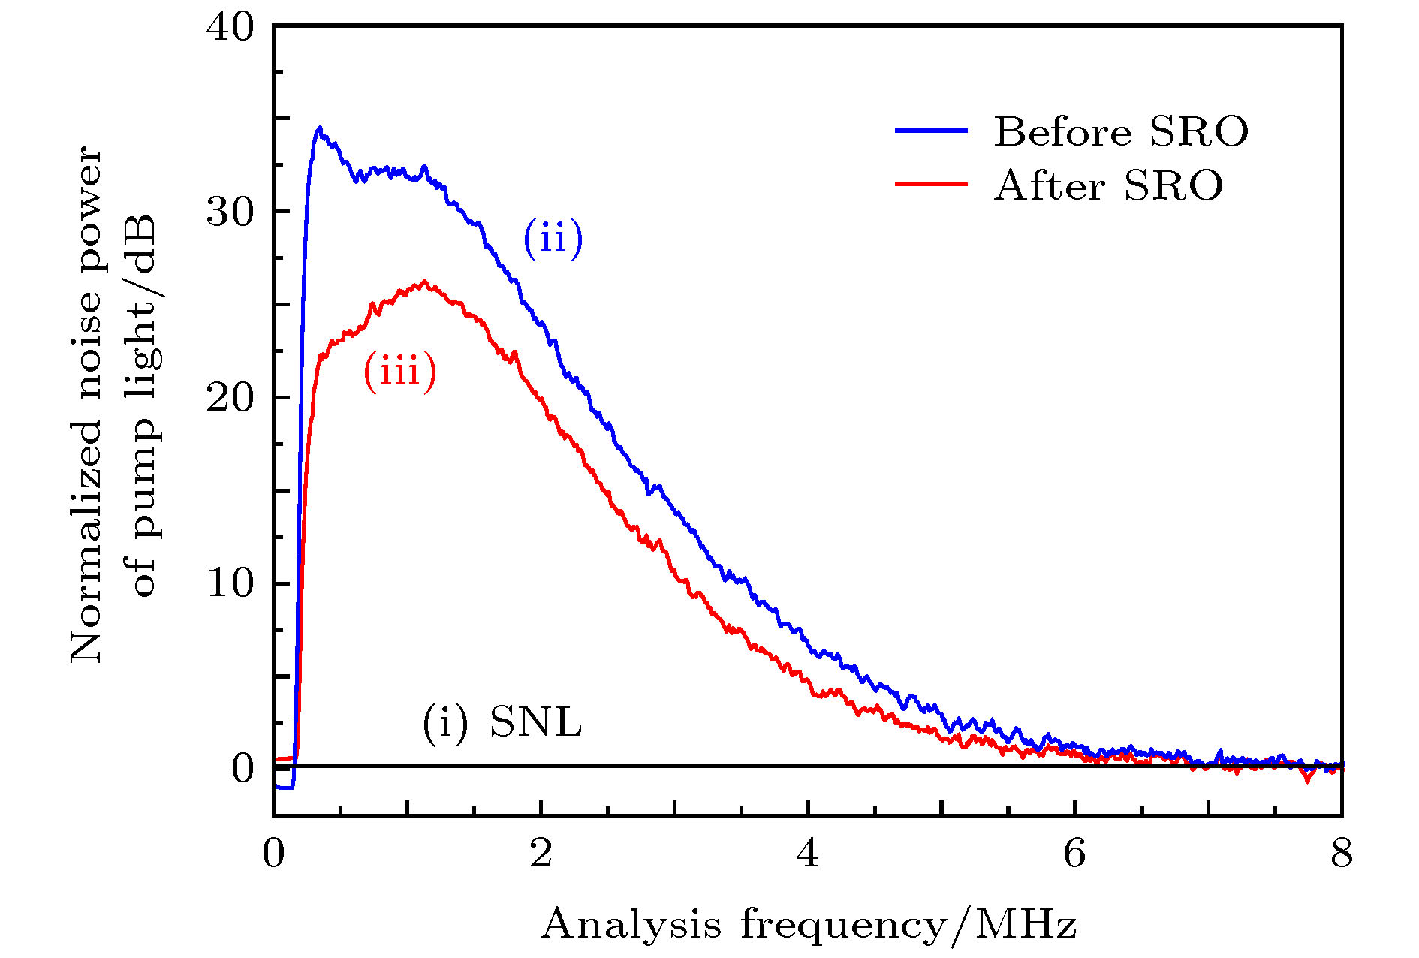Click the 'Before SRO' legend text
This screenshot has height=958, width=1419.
pyautogui.click(x=1120, y=132)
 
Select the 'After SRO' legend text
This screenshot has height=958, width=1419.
pyautogui.click(x=1108, y=185)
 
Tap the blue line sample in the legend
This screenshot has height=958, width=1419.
pyautogui.click(x=930, y=131)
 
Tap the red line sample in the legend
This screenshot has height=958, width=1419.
pyautogui.click(x=930, y=184)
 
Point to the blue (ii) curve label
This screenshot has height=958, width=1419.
pyautogui.click(x=553, y=239)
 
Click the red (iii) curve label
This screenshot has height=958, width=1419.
pyautogui.click(x=399, y=372)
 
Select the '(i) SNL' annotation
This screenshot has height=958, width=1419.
pyautogui.click(x=502, y=723)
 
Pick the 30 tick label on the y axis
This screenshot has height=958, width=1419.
pyautogui.click(x=230, y=212)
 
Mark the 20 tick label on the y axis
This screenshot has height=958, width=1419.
pyautogui.click(x=230, y=398)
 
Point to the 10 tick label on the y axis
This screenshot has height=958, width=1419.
pyautogui.click(x=230, y=583)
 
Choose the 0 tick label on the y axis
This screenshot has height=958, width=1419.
pyautogui.click(x=243, y=768)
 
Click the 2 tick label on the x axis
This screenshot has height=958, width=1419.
pyautogui.click(x=541, y=854)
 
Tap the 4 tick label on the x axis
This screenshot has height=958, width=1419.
pyautogui.click(x=808, y=854)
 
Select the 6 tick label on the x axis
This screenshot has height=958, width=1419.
pyautogui.click(x=1074, y=854)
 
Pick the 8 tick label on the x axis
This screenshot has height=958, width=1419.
pyautogui.click(x=1341, y=854)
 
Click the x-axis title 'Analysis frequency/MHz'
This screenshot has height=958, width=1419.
pyautogui.click(x=809, y=925)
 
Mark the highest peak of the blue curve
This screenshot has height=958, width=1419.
pyautogui.click(x=320, y=128)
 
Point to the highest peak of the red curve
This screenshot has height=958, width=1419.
pyautogui.click(x=424, y=282)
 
